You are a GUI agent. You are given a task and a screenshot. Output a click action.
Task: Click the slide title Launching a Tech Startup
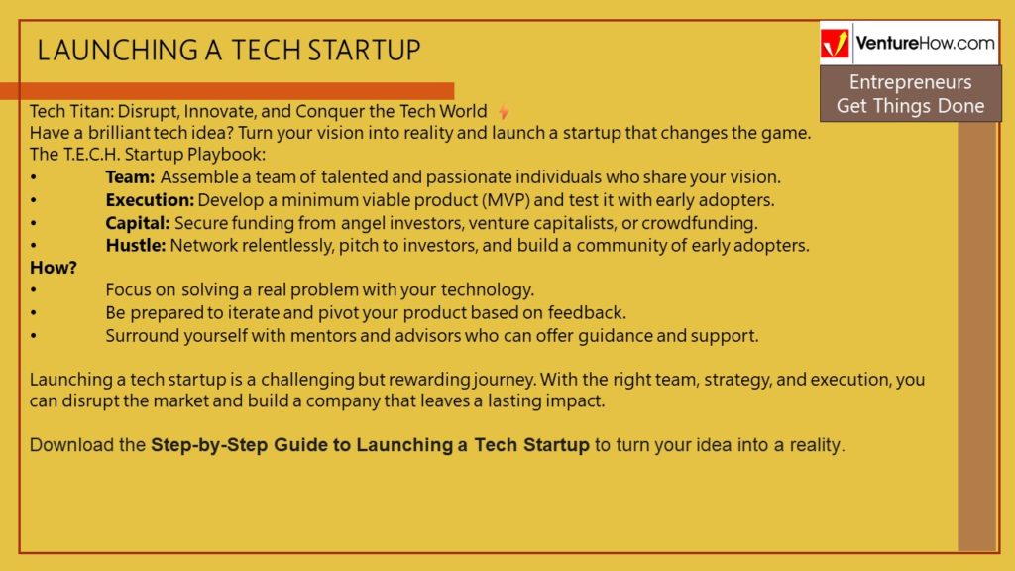point(229,51)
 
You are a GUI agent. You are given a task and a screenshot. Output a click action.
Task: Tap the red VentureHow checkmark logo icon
point(835,44)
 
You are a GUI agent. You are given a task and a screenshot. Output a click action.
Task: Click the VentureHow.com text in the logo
point(925,44)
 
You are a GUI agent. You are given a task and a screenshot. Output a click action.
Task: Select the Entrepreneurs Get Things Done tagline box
point(910,94)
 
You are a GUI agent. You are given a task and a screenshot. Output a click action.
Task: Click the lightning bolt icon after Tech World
point(504,112)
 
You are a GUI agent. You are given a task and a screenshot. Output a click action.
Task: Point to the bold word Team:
point(130,176)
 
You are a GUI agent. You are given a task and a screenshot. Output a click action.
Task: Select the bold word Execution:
point(150,200)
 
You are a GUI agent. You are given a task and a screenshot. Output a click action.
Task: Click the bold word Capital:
point(137,223)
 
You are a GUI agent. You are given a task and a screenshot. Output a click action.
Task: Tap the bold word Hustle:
point(135,246)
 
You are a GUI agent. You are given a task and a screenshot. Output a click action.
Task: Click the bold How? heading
point(54,268)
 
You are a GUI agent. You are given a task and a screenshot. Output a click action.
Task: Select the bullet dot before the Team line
point(34,177)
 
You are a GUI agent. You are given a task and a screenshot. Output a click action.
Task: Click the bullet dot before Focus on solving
point(34,290)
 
